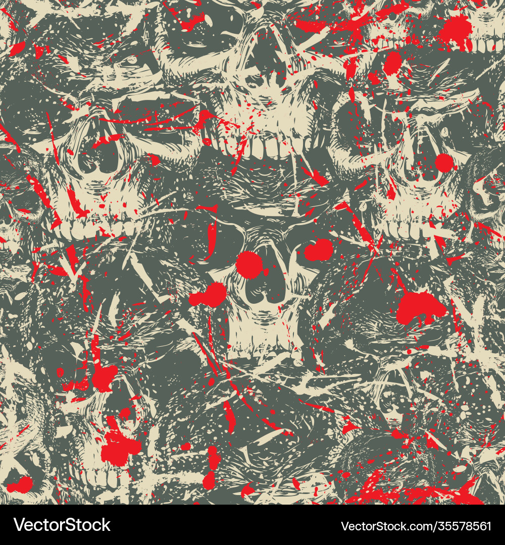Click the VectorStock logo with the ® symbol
[62, 525]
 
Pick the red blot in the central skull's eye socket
[319, 250]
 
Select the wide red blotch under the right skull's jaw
[420, 308]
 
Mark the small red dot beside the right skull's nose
[444, 162]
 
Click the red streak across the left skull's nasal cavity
[109, 139]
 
